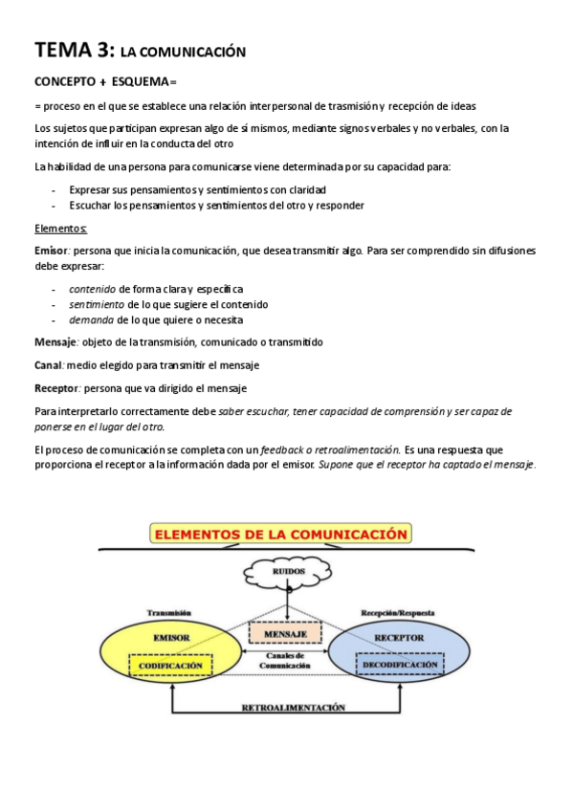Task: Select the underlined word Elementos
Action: pyautogui.click(x=60, y=229)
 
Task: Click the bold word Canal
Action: pyautogui.click(x=48, y=365)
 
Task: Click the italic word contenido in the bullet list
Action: pyautogui.click(x=92, y=288)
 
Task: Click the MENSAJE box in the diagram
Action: pyautogui.click(x=285, y=632)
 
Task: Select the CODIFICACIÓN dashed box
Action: pyautogui.click(x=170, y=664)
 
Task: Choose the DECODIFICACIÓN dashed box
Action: pyautogui.click(x=400, y=664)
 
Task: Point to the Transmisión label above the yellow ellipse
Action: pyautogui.click(x=170, y=609)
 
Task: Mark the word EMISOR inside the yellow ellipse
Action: pyautogui.click(x=170, y=635)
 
